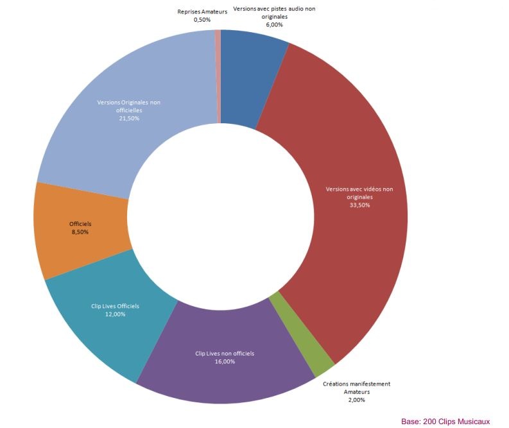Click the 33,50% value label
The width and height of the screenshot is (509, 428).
(x=359, y=205)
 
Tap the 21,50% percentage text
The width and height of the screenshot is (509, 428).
(x=128, y=118)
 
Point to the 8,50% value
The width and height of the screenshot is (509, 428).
(x=80, y=231)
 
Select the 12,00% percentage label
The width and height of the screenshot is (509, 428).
(x=115, y=314)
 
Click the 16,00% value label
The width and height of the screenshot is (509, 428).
(x=225, y=361)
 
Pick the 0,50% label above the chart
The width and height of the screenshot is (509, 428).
(x=202, y=20)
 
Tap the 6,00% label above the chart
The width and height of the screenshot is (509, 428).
(x=274, y=24)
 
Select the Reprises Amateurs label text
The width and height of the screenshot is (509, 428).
(x=202, y=12)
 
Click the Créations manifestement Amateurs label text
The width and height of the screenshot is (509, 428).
(x=356, y=388)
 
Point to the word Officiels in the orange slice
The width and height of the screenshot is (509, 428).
(x=80, y=223)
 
